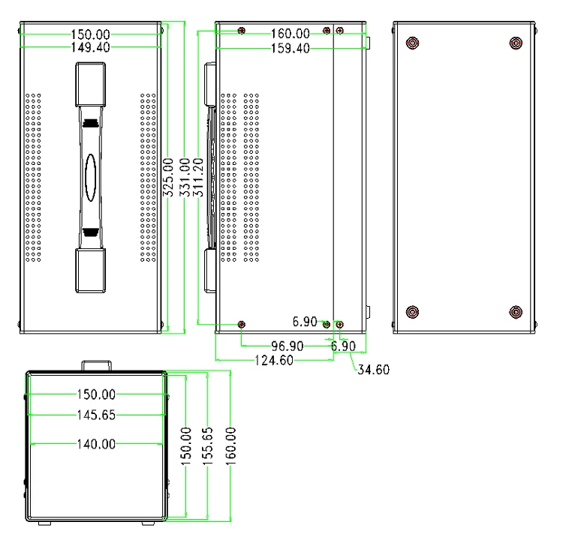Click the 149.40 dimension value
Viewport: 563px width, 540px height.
coord(93,48)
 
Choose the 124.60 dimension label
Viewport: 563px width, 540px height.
coord(271,361)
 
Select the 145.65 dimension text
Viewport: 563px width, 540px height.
coord(96,415)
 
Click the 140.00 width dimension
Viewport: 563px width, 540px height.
coord(96,444)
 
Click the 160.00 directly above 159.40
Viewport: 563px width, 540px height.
coord(290,34)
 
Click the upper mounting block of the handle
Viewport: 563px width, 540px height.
coord(89,85)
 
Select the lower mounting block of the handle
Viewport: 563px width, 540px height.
coord(89,271)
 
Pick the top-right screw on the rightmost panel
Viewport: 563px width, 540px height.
coord(515,43)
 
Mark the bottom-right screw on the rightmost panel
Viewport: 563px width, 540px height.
coord(515,311)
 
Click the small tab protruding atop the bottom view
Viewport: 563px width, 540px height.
coord(97,365)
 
